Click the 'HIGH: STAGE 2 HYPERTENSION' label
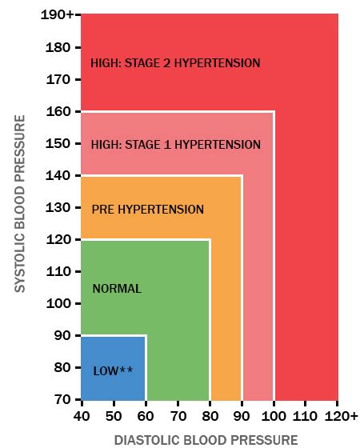coord(175,62)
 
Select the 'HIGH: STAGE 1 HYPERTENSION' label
coord(175,145)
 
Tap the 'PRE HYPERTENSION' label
coord(147,210)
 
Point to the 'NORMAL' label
coord(117,289)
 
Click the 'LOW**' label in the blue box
coord(113,370)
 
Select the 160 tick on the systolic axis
coord(60,111)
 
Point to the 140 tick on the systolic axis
coord(60,175)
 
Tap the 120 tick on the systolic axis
coord(60,239)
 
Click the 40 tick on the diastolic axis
coord(81,416)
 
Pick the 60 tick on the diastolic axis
coord(146,416)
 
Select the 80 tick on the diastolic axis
coord(210,416)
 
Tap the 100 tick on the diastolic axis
coord(274,416)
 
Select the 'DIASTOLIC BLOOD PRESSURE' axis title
coord(206,439)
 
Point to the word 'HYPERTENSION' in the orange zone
coord(164,210)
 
